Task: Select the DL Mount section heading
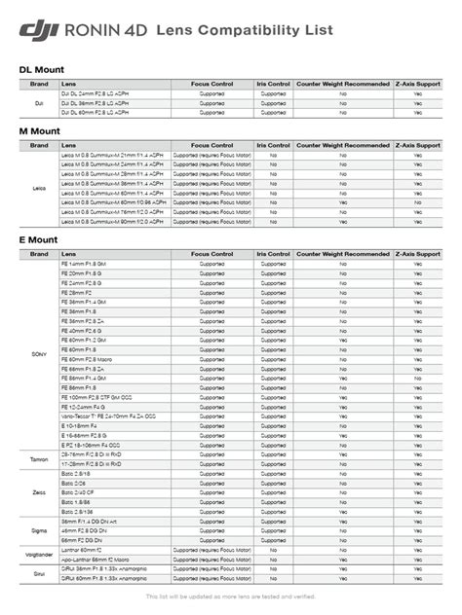pyautogui.click(x=40, y=69)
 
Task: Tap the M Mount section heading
pyautogui.click(x=39, y=131)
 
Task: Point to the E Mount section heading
pyautogui.click(x=38, y=240)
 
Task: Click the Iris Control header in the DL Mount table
pyautogui.click(x=273, y=86)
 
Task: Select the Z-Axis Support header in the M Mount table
pyautogui.click(x=418, y=145)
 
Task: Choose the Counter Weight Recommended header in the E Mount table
pyautogui.click(x=343, y=254)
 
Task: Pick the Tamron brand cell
pyautogui.click(x=39, y=458)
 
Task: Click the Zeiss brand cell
pyautogui.click(x=39, y=493)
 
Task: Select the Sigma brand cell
pyautogui.click(x=39, y=529)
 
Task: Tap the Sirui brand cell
pyautogui.click(x=39, y=573)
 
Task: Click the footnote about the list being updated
pyautogui.click(x=230, y=596)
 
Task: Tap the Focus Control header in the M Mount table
pyautogui.click(x=212, y=145)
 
